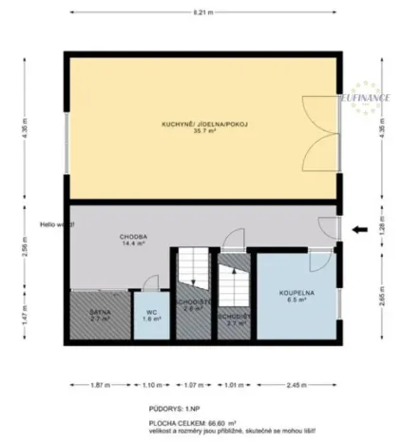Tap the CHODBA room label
[132, 236]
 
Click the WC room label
[150, 312]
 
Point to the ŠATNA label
[101, 311]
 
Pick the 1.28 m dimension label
[383, 228]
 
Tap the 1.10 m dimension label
[152, 386]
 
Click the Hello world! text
[55, 224]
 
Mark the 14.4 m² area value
[132, 243]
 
